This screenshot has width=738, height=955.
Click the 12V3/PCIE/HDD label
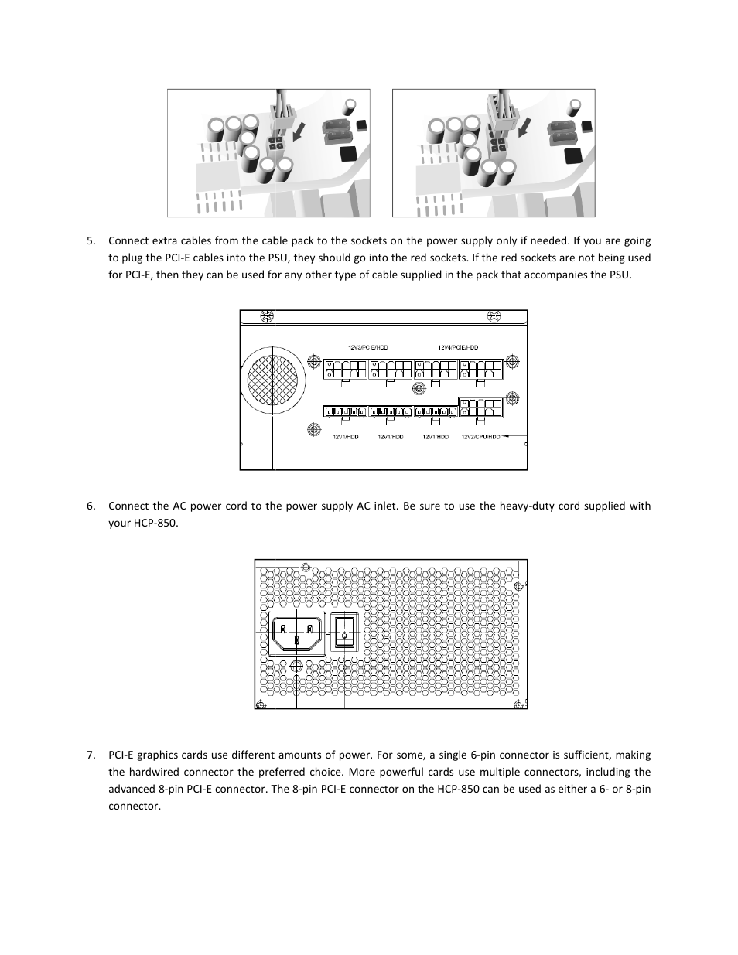[368, 348]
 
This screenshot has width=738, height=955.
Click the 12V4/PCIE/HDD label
[458, 348]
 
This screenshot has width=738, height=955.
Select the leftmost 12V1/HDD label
[346, 437]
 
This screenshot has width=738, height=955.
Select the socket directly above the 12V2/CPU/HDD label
[480, 408]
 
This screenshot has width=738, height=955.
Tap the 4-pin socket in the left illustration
[276, 145]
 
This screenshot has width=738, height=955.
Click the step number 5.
[91, 241]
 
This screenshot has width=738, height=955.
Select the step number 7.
[91, 755]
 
